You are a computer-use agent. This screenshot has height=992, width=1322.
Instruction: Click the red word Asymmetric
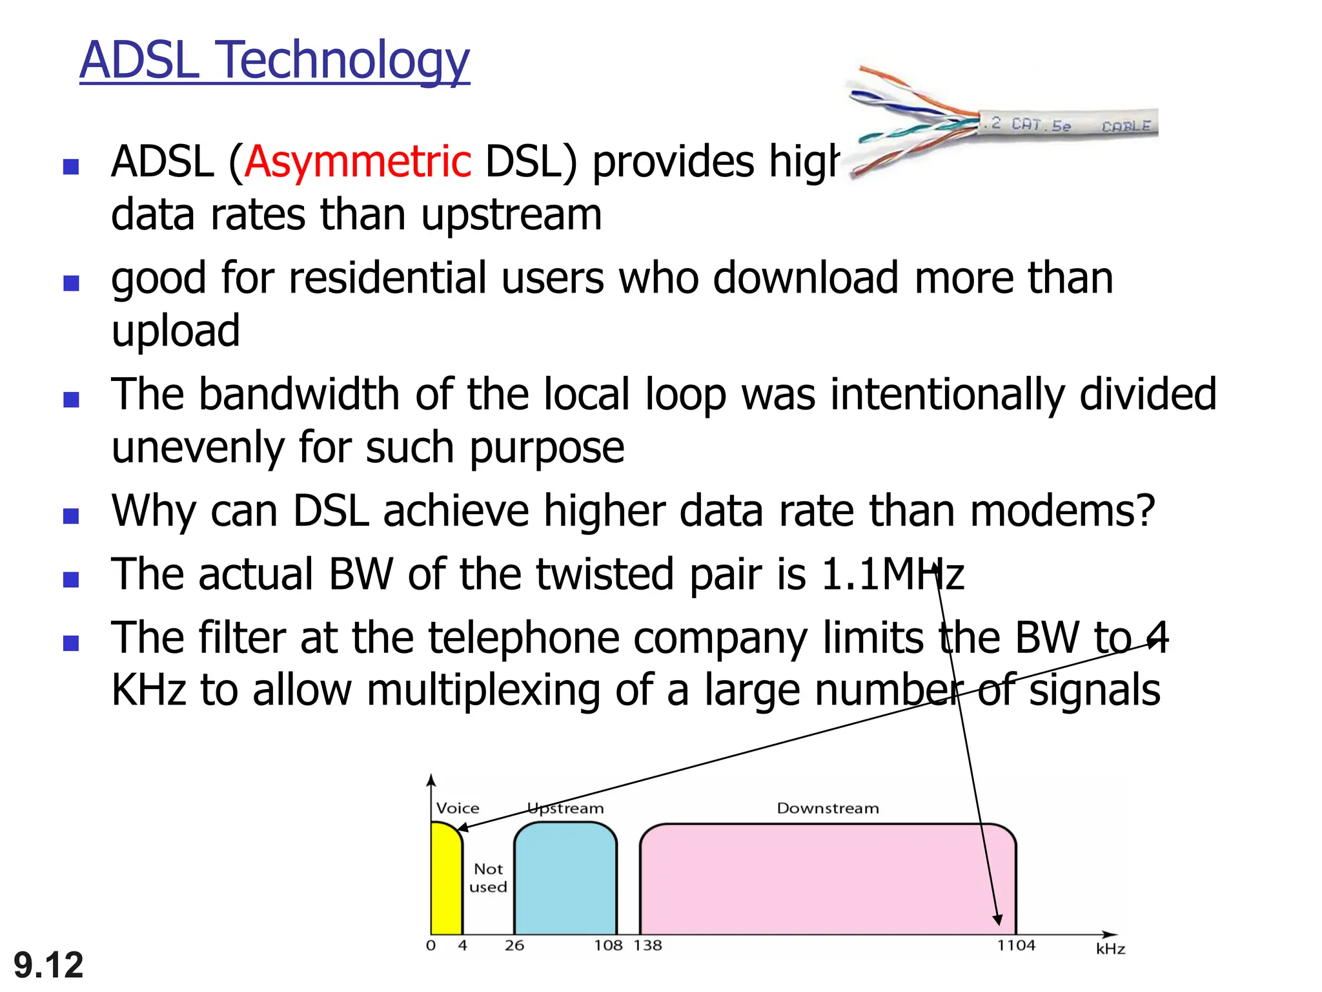point(358,161)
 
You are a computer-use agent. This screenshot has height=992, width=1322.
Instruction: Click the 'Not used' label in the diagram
point(488,878)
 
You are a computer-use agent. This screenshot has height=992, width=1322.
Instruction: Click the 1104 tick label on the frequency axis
point(1015,945)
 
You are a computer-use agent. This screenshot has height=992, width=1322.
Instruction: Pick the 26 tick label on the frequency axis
point(514,945)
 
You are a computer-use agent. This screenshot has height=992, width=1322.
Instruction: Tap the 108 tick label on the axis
point(608,945)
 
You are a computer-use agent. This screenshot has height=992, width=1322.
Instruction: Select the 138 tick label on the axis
point(648,945)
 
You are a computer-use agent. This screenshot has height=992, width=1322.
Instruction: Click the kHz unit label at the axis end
point(1110,949)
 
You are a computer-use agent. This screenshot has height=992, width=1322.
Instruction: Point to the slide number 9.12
point(48,965)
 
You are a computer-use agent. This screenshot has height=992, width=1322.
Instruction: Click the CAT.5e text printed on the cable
point(1041,125)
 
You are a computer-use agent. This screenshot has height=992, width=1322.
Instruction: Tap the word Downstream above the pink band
point(828,809)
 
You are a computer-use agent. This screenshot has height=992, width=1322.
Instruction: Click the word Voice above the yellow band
point(458,809)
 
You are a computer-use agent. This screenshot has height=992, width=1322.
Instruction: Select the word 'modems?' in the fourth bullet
point(1062,511)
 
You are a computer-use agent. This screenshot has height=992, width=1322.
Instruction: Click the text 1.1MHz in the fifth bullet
point(892,574)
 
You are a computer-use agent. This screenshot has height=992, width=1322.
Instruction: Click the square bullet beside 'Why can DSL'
point(71,516)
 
